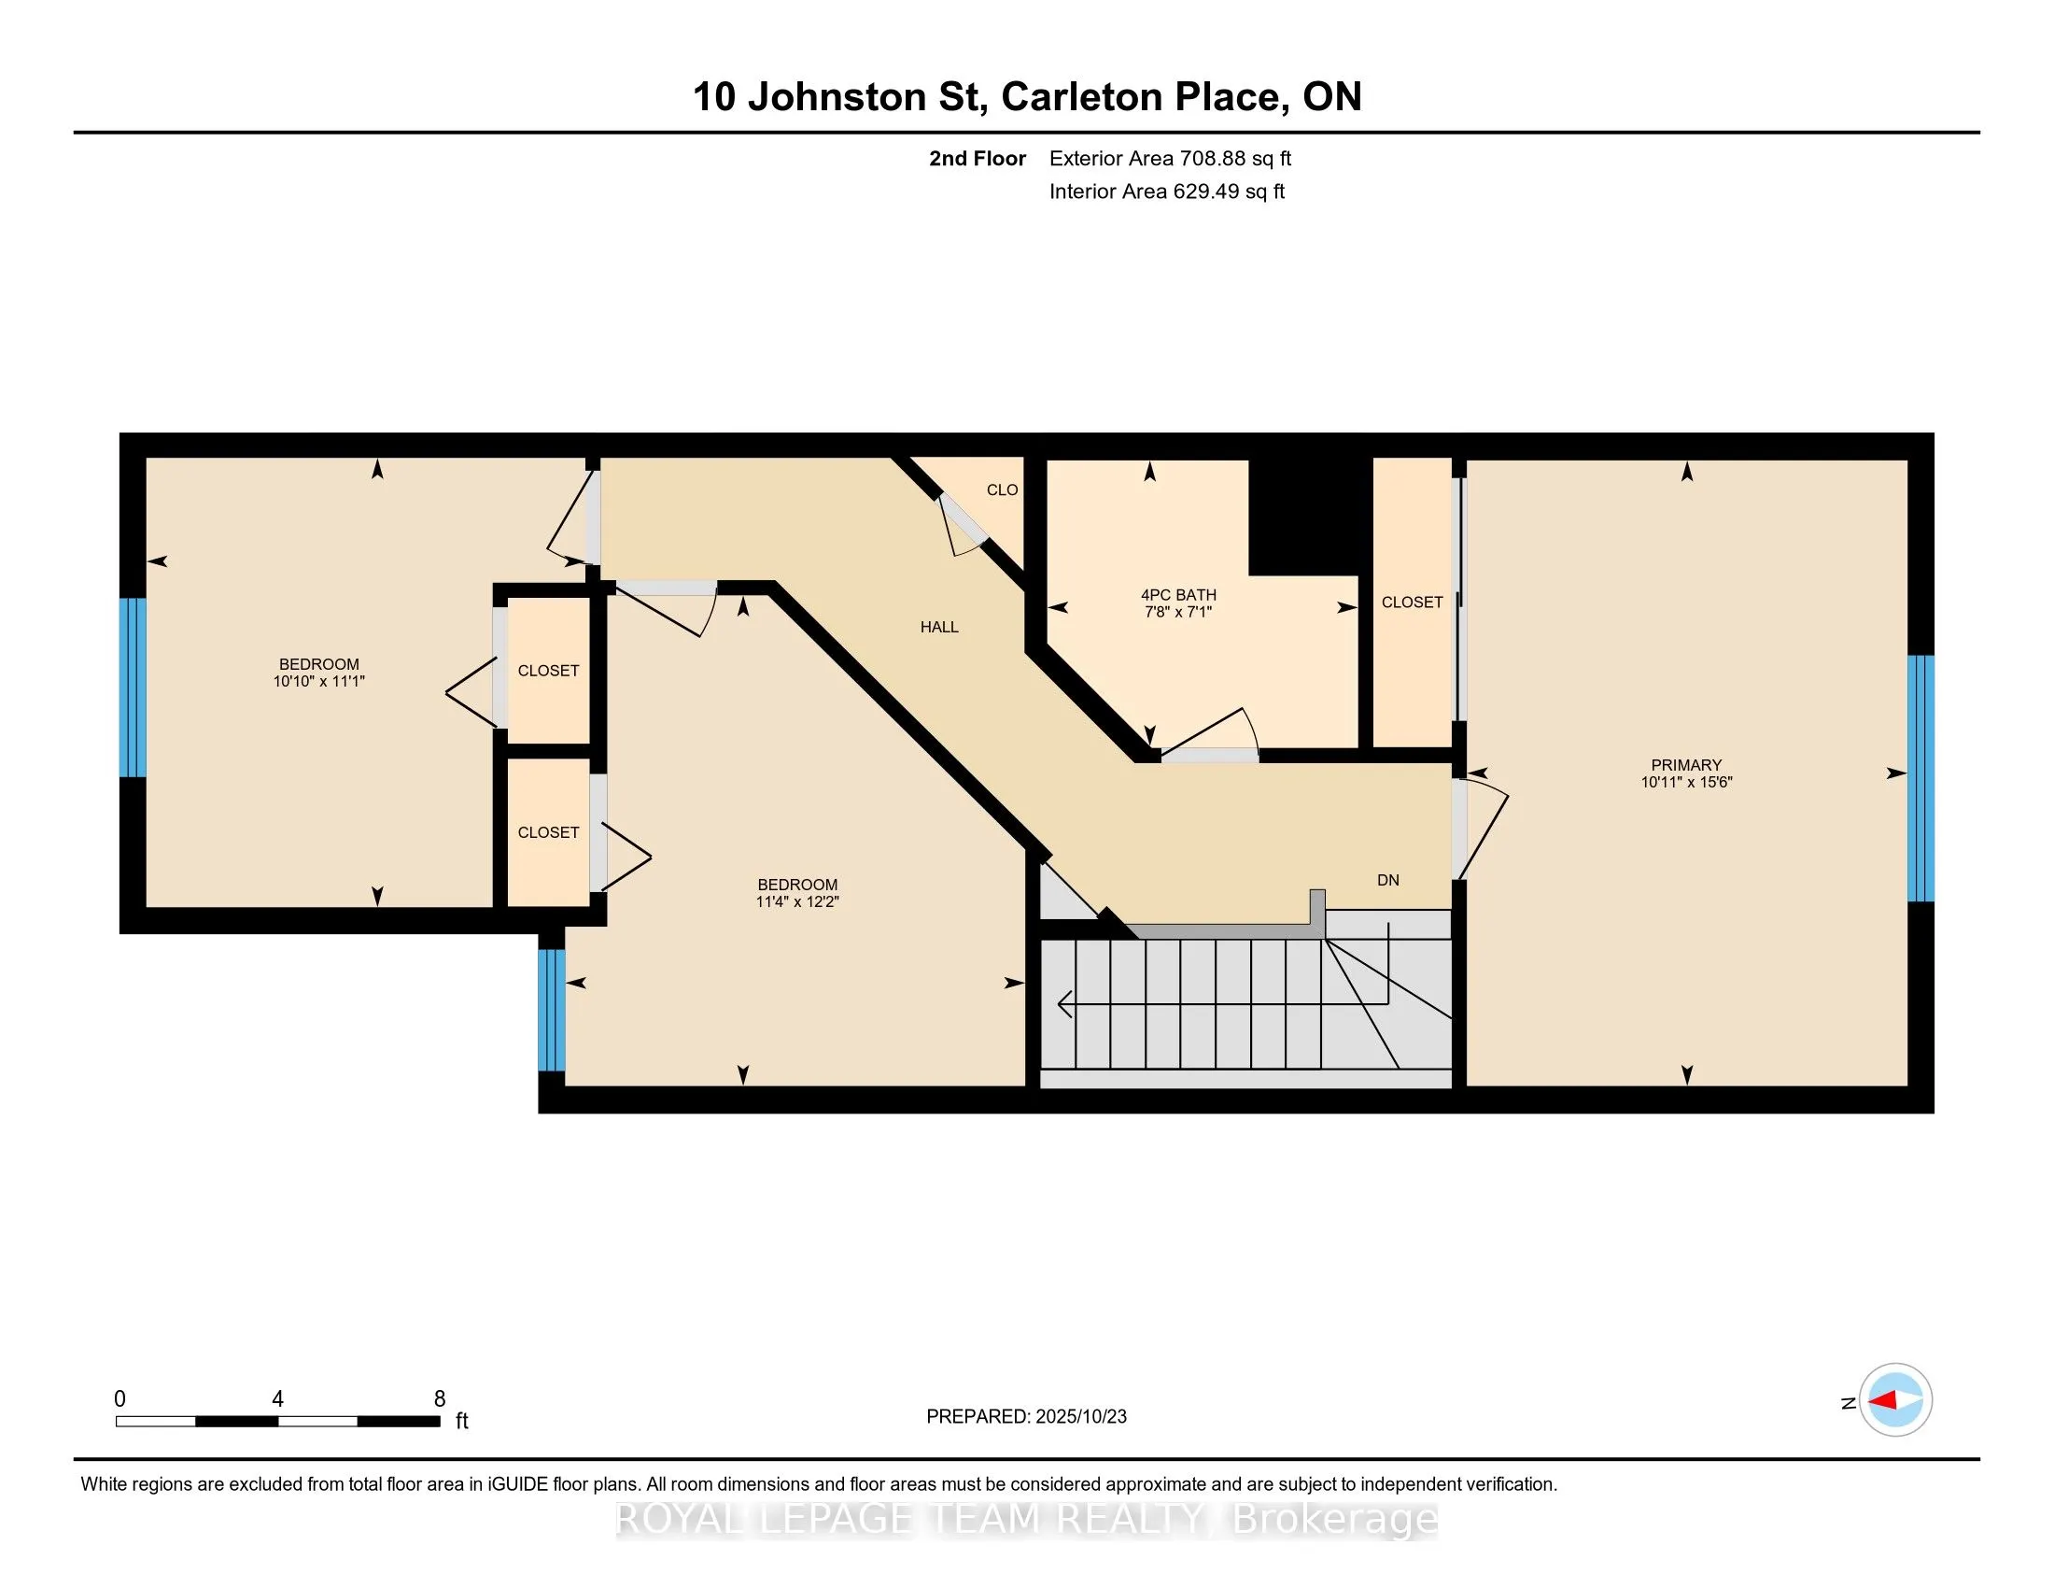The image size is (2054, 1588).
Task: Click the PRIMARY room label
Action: pyautogui.click(x=1685, y=765)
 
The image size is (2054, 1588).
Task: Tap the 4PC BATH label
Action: pyautogui.click(x=1177, y=594)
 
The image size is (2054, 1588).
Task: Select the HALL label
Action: pyautogui.click(x=938, y=627)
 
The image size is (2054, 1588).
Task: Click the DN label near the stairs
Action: pyautogui.click(x=1387, y=880)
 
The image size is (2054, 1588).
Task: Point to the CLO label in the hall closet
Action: pyautogui.click(x=1002, y=489)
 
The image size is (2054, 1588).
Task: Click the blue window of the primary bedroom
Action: pyautogui.click(x=1920, y=778)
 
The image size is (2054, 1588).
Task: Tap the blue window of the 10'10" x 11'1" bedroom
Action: pyautogui.click(x=133, y=688)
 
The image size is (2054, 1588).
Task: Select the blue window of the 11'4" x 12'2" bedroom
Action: pyautogui.click(x=551, y=1011)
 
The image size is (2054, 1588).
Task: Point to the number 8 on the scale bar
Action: pyautogui.click(x=439, y=1399)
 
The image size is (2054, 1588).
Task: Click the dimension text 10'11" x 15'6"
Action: pyautogui.click(x=1685, y=782)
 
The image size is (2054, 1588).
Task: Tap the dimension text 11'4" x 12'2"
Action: pyautogui.click(x=796, y=901)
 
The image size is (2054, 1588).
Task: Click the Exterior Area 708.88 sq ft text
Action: pyautogui.click(x=1169, y=158)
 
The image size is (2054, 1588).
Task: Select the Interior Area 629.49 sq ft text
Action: pyautogui.click(x=1166, y=191)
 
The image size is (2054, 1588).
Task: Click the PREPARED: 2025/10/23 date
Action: pyautogui.click(x=1025, y=1417)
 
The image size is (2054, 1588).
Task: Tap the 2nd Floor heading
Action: pyautogui.click(x=977, y=158)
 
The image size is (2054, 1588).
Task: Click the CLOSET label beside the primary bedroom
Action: pyautogui.click(x=1411, y=603)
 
